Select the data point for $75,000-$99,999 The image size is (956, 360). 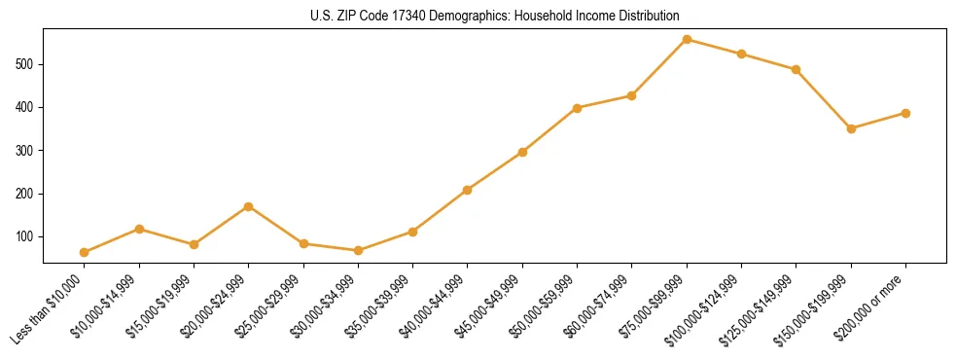(687, 39)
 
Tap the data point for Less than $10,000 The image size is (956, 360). (85, 252)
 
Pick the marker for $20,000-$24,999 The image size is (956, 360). (249, 206)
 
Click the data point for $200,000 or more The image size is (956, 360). (905, 113)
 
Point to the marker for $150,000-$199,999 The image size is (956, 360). (851, 128)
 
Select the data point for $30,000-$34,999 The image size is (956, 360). (358, 250)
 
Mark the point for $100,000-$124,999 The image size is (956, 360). (741, 54)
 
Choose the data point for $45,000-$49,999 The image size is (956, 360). (522, 152)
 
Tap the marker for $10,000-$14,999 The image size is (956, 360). (139, 229)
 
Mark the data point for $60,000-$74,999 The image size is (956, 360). (632, 95)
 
